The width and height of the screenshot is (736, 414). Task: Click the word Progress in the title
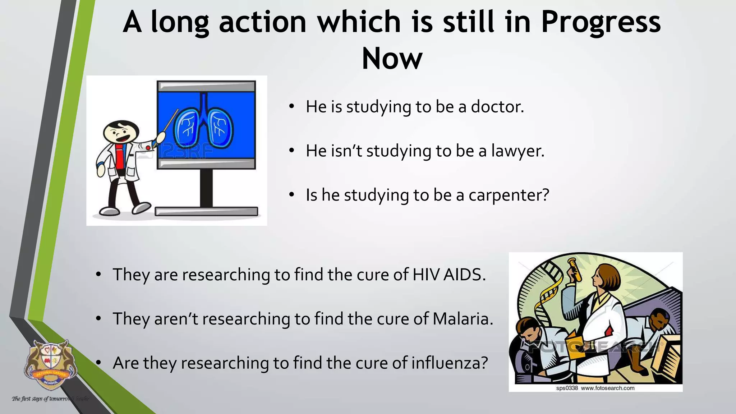click(601, 22)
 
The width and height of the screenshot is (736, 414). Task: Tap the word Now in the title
click(392, 59)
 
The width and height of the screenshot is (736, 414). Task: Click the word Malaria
click(463, 319)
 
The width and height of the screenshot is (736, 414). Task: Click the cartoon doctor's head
click(121, 133)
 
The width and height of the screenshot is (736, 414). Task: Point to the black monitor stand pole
click(206, 188)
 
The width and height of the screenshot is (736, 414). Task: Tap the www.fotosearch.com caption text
click(607, 388)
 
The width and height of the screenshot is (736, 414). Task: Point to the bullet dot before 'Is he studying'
click(292, 195)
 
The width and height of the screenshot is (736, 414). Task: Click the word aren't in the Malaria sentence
click(176, 319)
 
